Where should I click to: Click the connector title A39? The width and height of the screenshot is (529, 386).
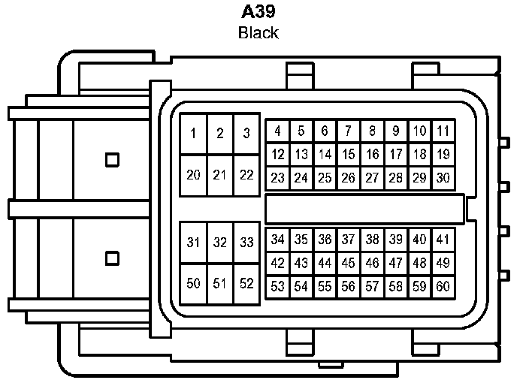[x=258, y=13]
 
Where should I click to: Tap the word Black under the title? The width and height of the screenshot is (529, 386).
[x=258, y=33]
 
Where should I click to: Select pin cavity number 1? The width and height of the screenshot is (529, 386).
[x=193, y=134]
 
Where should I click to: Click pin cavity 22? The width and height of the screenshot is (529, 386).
[x=246, y=175]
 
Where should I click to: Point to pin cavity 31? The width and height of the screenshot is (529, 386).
[x=193, y=243]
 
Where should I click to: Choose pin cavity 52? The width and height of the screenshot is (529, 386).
[x=246, y=283]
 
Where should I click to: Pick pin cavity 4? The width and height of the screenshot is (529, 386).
[x=277, y=131]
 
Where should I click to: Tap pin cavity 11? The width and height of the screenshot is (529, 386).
[x=443, y=131]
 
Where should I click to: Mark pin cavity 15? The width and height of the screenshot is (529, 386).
[x=348, y=155]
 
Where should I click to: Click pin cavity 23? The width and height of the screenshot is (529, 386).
[x=277, y=179]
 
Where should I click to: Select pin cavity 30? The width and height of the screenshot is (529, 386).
[x=443, y=179]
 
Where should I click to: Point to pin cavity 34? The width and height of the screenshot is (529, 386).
[x=277, y=240]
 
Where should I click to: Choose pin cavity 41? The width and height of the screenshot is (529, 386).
[x=443, y=240]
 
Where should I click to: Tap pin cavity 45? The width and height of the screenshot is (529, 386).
[x=348, y=264]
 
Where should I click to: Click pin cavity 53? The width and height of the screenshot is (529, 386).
[x=277, y=286]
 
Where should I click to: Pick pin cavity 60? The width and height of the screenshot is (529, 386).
[x=443, y=286]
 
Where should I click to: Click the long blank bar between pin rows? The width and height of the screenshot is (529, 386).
[x=365, y=207]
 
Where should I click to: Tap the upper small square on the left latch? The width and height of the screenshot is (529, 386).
[x=112, y=159]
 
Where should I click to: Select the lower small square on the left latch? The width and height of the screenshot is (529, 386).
[x=112, y=258]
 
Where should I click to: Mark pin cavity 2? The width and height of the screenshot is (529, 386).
[x=219, y=134]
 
